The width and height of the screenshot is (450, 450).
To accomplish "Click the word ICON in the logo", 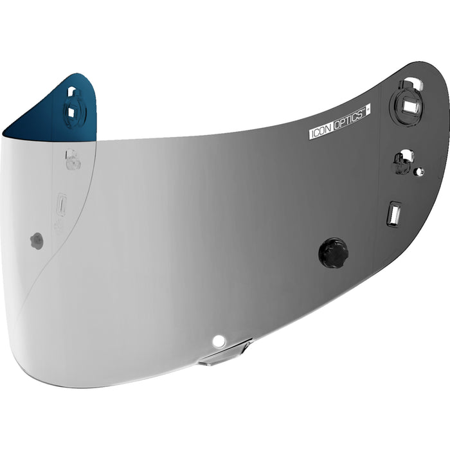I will point(321,132).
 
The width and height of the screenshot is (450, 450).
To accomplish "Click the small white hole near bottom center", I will point(219,340).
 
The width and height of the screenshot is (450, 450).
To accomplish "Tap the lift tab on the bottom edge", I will point(224,354).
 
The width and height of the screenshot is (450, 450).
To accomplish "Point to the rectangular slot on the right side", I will point(394,213).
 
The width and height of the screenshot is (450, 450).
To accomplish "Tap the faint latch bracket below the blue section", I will point(73,161).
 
